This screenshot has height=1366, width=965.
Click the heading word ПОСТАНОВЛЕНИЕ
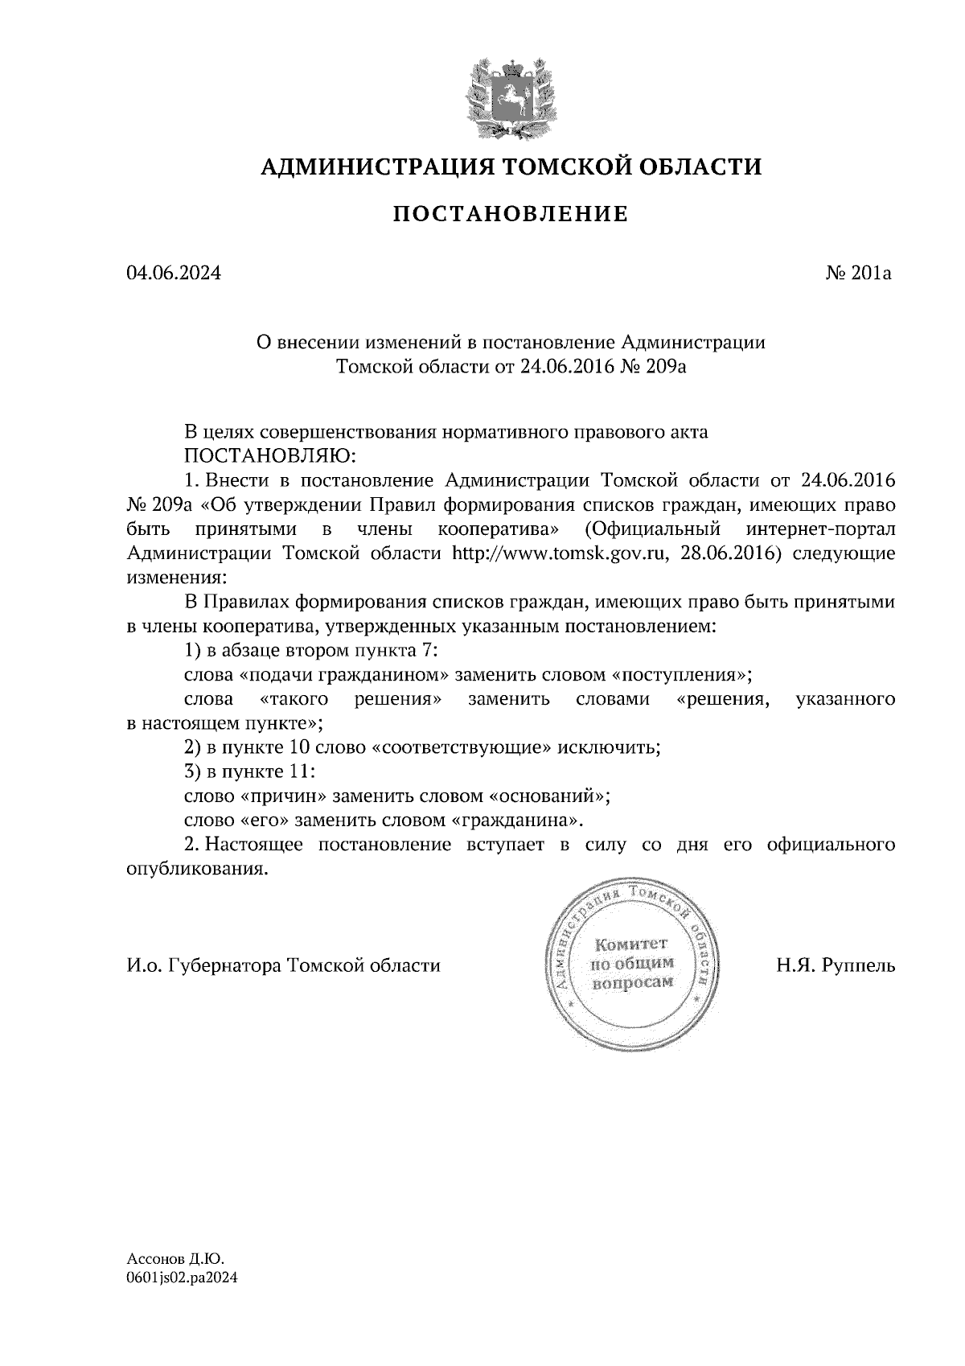coord(510,214)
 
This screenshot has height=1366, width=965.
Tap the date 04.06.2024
coord(173,274)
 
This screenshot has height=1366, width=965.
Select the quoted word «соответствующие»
coord(463,747)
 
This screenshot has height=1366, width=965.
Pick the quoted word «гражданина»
coord(516,821)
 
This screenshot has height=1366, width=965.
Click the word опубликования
coord(196,870)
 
